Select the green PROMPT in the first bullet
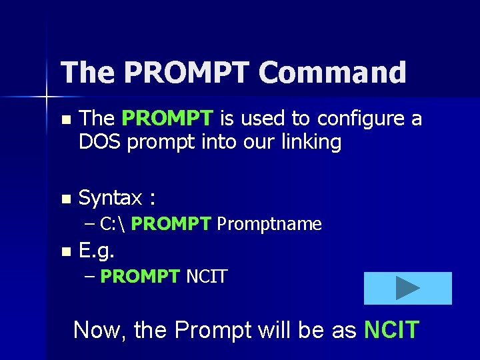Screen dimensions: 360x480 (x=167, y=119)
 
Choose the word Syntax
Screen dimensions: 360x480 (x=110, y=198)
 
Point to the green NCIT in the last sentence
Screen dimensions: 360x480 (x=391, y=329)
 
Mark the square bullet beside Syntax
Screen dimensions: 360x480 (x=65, y=199)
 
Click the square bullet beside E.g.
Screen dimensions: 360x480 (x=65, y=252)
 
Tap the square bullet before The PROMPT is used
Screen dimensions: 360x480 (x=65, y=120)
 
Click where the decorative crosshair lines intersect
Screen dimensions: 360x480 (x=47, y=97)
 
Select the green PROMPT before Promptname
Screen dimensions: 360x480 (x=171, y=224)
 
